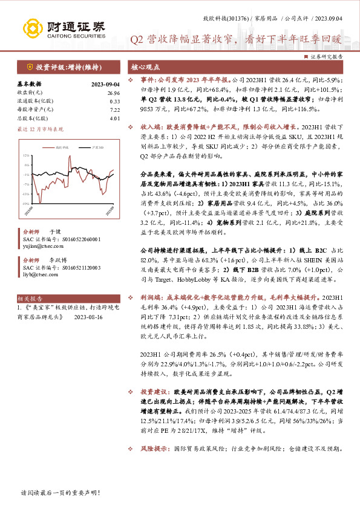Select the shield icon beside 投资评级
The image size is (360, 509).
29,67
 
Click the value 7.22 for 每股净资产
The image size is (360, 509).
115,110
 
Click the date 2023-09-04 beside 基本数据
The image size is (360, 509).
105,84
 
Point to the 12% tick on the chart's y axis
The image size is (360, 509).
25,155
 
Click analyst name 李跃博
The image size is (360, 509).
55,259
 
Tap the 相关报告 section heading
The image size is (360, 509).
30,299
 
